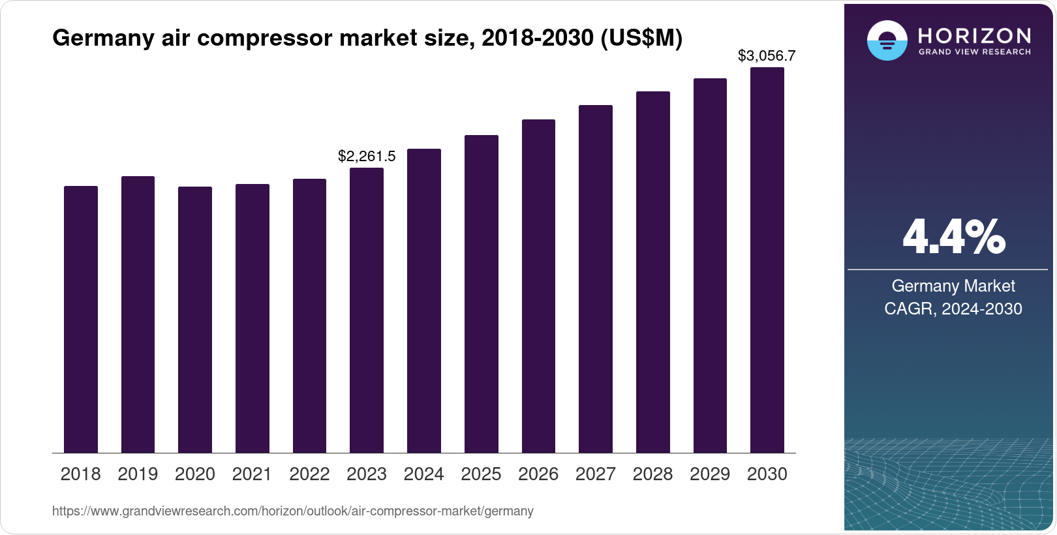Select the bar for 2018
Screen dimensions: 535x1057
tap(80, 319)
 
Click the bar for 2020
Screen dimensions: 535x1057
tap(194, 320)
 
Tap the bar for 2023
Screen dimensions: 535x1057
tap(367, 310)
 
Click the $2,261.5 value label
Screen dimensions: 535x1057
tap(367, 157)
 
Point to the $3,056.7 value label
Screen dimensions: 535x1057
tap(767, 56)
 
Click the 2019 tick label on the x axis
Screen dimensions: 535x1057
tap(138, 474)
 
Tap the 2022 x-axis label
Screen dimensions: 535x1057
tap(309, 474)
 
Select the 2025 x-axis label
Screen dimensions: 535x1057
tap(481, 474)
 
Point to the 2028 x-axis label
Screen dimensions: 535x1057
tap(652, 474)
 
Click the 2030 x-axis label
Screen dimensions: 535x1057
tap(767, 474)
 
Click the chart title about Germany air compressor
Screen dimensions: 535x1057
tap(367, 38)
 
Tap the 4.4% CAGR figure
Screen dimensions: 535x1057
tap(953, 237)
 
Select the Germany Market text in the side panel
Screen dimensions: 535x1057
tap(953, 286)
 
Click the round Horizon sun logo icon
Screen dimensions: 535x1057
tap(887, 40)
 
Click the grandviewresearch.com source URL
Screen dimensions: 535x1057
tap(293, 512)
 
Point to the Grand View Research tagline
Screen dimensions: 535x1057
tap(975, 52)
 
